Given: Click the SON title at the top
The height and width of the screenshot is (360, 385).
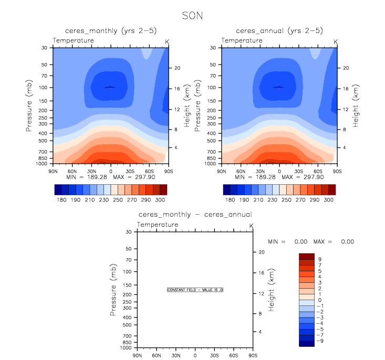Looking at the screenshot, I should point(192,16).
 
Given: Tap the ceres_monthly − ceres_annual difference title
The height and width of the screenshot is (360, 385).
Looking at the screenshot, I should point(195,214).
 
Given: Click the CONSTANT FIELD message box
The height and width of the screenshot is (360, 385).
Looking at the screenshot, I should point(195,290).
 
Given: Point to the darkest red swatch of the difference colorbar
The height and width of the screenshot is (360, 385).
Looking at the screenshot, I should point(306,256).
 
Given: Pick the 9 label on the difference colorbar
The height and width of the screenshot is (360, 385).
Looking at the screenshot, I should point(319,259).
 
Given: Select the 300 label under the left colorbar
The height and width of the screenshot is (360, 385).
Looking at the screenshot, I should point(159,200).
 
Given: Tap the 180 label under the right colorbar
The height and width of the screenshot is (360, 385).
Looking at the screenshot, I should point(230,200).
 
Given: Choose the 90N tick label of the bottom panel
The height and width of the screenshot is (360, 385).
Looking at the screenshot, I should point(138,355).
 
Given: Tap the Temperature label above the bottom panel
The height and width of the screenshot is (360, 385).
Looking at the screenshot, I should point(158,225).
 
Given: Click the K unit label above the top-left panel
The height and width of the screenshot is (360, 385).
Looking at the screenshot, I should point(167,41).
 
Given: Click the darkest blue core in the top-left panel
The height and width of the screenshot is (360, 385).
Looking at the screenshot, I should point(110,87).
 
